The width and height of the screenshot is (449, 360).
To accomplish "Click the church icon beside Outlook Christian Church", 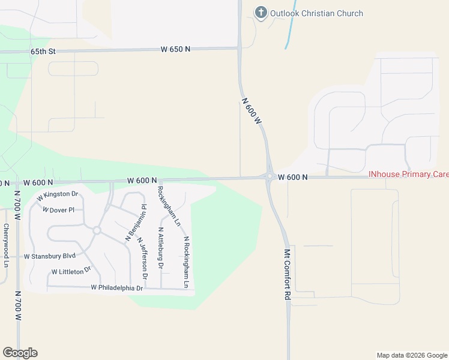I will (x=261, y=12).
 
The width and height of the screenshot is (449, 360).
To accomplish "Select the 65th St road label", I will (x=43, y=52).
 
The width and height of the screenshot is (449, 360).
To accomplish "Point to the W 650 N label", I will (x=175, y=49).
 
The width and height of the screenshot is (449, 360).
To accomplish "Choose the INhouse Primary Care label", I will (x=408, y=175).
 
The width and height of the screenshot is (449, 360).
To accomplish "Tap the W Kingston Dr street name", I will (x=58, y=195).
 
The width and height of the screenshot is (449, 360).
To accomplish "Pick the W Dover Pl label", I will (x=58, y=210).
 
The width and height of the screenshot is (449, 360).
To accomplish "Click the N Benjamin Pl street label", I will (x=136, y=223).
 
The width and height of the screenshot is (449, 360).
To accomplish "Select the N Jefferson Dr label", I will (x=142, y=258).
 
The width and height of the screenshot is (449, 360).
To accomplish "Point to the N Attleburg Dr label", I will (x=160, y=247).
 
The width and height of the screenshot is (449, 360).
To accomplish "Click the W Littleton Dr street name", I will (x=70, y=271).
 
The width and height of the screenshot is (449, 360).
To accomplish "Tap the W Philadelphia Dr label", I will (x=117, y=288).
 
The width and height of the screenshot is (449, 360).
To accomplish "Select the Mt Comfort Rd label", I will (x=287, y=275).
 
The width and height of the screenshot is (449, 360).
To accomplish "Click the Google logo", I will (x=20, y=353).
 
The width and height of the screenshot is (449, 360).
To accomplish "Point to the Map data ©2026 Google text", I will (x=411, y=355).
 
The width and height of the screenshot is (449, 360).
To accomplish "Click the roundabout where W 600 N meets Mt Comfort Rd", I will (x=270, y=176).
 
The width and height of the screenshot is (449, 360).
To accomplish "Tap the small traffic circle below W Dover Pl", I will (x=96, y=230).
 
